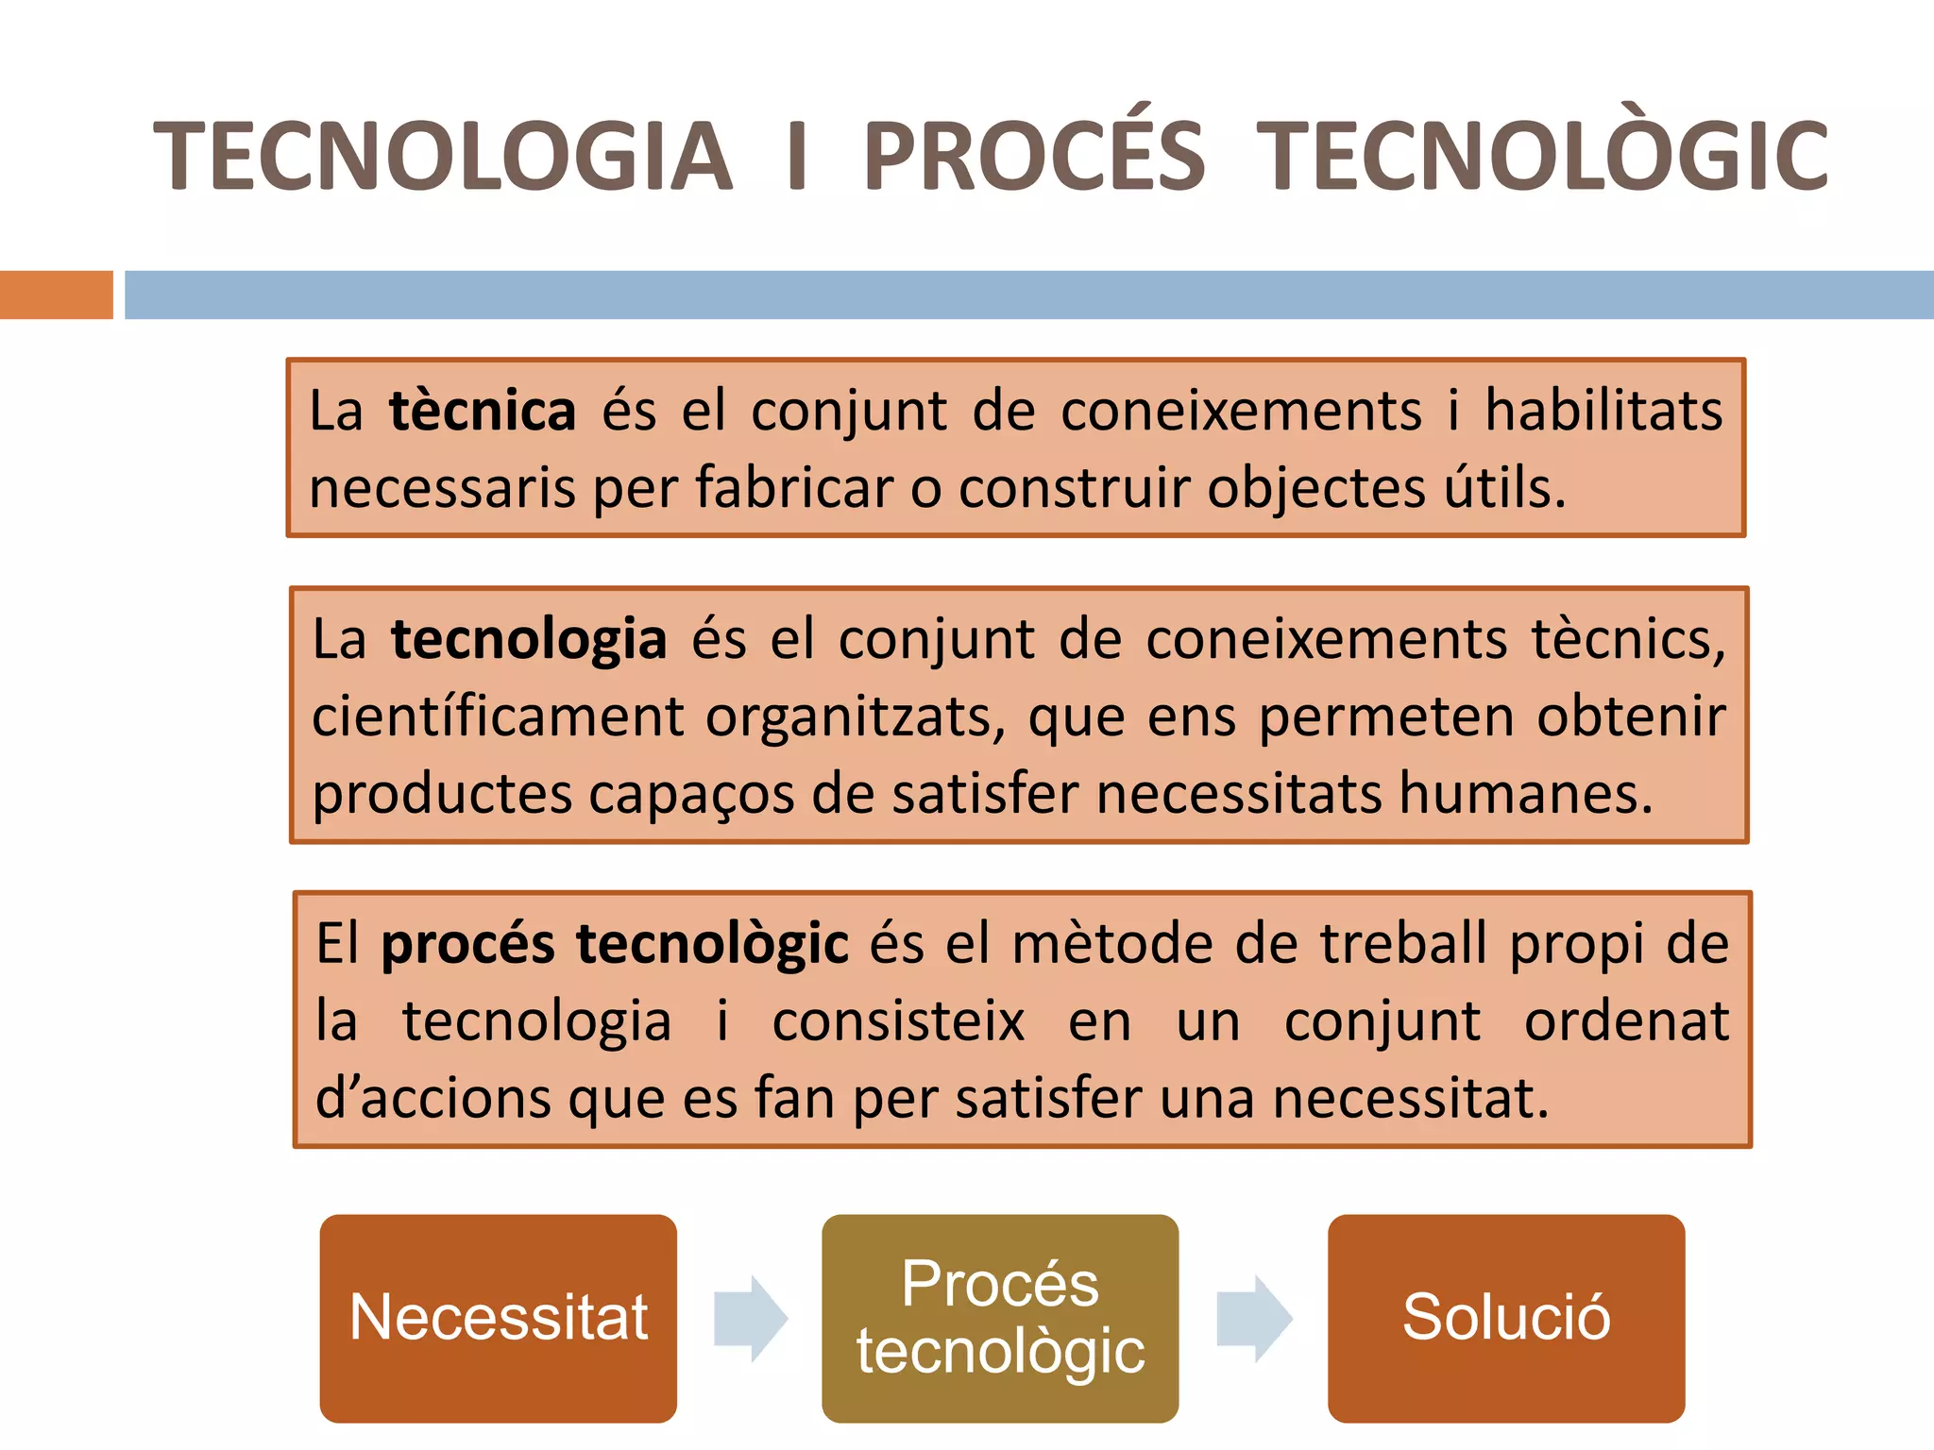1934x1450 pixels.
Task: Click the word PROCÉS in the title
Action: click(1034, 156)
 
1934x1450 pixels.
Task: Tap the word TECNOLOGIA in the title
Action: click(443, 156)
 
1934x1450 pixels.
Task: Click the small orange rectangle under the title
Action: click(56, 295)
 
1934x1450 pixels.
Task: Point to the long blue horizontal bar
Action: click(1028, 295)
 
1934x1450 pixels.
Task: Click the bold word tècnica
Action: click(482, 412)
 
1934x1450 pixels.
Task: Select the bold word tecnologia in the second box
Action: click(529, 639)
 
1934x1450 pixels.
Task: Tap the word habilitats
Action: click(1603, 412)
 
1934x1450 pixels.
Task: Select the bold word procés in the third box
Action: click(467, 945)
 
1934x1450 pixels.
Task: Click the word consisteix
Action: click(898, 1021)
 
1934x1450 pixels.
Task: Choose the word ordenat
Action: click(1626, 1021)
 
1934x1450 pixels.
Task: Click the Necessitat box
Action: click(498, 1318)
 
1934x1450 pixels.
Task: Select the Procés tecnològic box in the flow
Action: click(1000, 1318)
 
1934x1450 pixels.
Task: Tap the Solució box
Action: click(1505, 1318)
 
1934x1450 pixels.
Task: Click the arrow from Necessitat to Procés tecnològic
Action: click(750, 1318)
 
